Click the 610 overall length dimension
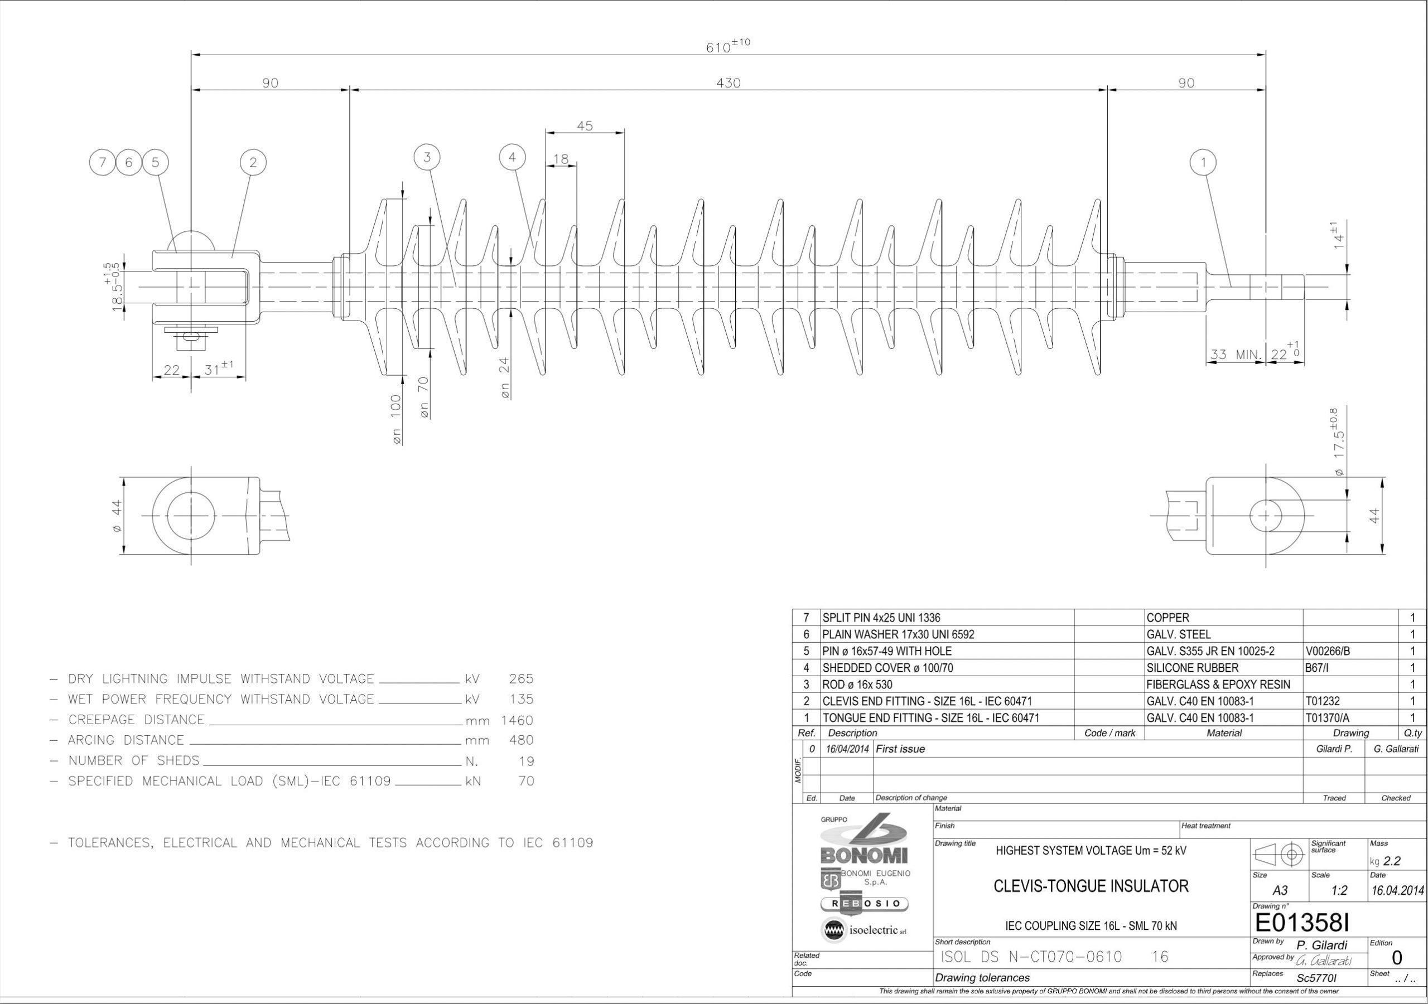click(728, 46)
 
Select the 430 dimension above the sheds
click(729, 83)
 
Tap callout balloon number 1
click(1203, 163)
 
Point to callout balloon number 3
click(427, 157)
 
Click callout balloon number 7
click(103, 163)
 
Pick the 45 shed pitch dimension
click(585, 125)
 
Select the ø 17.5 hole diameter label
click(1337, 442)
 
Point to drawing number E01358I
click(1302, 923)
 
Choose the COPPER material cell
click(1168, 618)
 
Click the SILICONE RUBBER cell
click(1192, 668)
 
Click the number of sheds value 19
click(526, 761)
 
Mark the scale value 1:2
click(1339, 891)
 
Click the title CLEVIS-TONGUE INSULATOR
click(1091, 886)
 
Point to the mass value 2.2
click(1392, 861)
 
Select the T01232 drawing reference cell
click(1322, 701)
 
